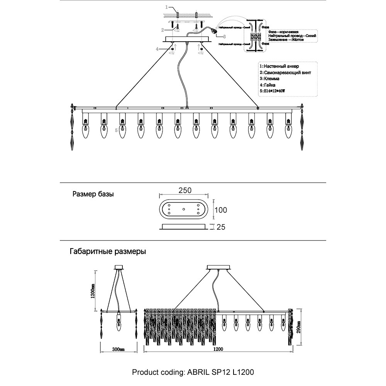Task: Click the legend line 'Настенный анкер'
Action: [x=279, y=66]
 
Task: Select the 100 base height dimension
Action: [x=220, y=210]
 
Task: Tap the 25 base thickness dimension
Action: [x=221, y=227]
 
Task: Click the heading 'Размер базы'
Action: [x=93, y=194]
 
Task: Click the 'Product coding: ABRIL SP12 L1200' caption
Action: [x=193, y=372]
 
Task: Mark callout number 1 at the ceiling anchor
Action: [x=167, y=7]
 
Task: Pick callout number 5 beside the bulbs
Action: [x=116, y=130]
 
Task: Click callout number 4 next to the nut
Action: [x=157, y=49]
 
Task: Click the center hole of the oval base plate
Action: [x=184, y=209]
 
